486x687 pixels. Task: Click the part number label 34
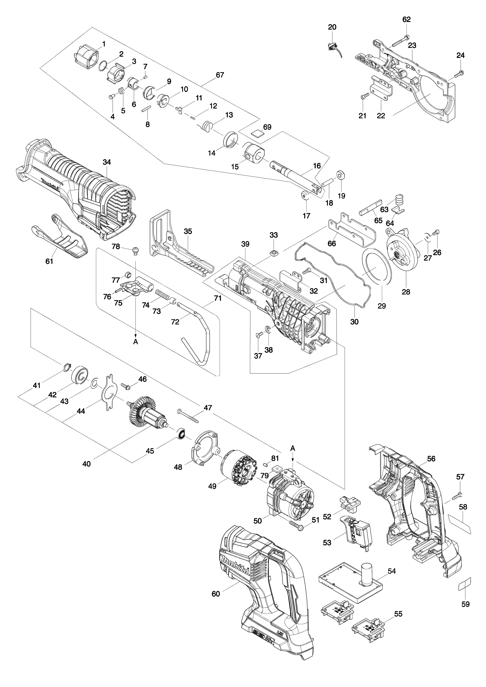coord(107,162)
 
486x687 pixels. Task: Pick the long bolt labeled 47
coord(188,416)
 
